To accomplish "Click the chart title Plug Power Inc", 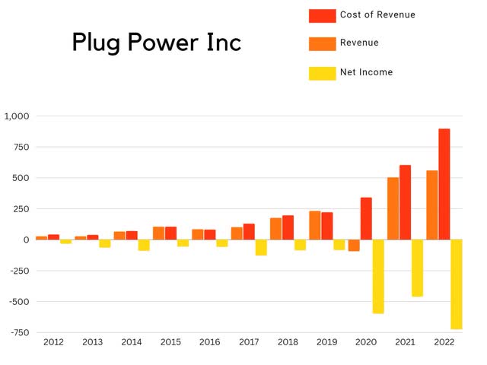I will (x=156, y=43).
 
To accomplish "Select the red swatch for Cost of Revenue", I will (x=322, y=15).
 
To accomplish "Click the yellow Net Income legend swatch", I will (x=322, y=73).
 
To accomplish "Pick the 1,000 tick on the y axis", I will (x=16, y=116).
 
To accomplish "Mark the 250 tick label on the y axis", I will (x=21, y=208).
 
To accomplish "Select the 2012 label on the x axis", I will (x=53, y=342).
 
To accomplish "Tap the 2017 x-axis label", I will (x=249, y=342).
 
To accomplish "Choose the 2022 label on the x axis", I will (x=444, y=342).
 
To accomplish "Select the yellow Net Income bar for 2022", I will (x=456, y=284).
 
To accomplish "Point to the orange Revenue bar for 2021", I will (x=393, y=208).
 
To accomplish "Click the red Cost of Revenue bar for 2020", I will (x=366, y=218).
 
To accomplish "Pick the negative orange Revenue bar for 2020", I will (x=354, y=245).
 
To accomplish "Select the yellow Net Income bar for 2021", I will (x=417, y=268).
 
